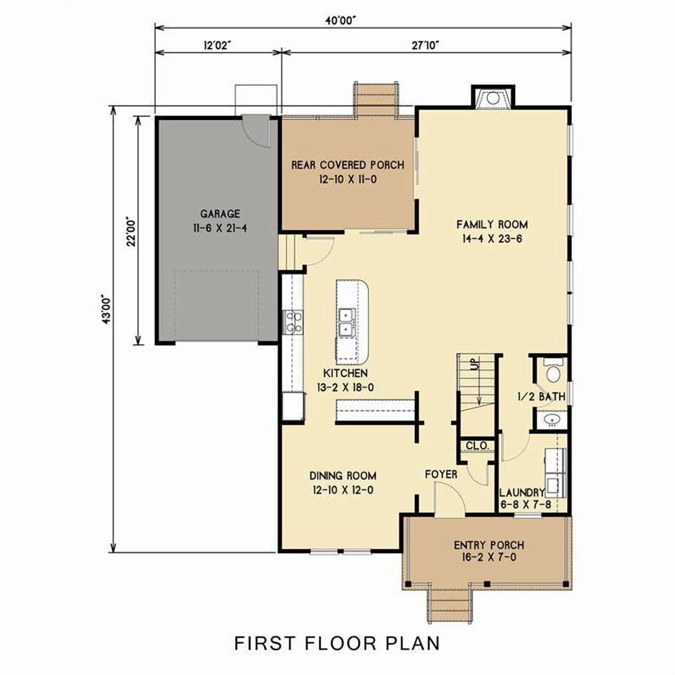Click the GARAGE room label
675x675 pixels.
click(x=220, y=214)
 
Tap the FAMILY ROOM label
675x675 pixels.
click(x=492, y=224)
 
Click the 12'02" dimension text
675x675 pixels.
click(x=218, y=45)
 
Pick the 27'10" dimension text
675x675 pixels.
click(x=425, y=45)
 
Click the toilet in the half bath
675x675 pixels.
click(x=552, y=371)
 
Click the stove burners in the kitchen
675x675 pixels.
click(x=293, y=322)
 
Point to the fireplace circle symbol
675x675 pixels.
click(x=493, y=98)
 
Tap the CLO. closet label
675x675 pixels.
click(x=477, y=445)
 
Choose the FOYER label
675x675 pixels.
click(x=441, y=474)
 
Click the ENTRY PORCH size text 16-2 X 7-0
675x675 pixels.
click(x=489, y=557)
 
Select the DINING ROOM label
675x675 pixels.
click(x=343, y=476)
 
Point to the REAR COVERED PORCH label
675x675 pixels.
click(x=348, y=165)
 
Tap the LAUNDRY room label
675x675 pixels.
click(x=522, y=492)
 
